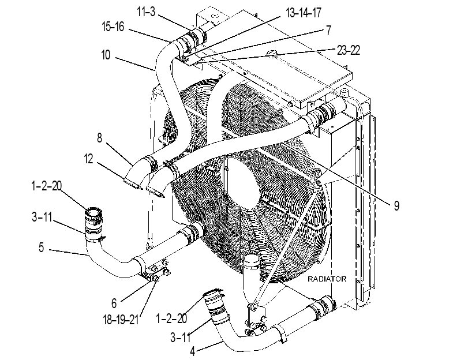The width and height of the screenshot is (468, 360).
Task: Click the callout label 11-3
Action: pos(146,12)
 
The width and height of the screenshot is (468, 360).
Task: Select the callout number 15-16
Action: pos(113,27)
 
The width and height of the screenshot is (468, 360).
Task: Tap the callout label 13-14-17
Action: pos(303,13)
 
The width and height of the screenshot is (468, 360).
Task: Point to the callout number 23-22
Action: pos(349,50)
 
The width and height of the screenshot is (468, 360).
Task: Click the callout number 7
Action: pos(328,30)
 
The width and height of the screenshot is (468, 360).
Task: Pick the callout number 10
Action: pos(106,55)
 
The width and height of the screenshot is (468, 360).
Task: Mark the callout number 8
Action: pos(99,138)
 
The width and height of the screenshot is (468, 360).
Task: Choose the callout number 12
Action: pos(89,159)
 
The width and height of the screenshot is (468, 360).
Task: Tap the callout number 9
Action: pos(396,205)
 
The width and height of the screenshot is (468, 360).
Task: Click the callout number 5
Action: pos(41,247)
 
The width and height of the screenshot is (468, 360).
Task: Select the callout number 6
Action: pos(114,303)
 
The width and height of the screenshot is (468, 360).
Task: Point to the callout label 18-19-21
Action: pos(121,320)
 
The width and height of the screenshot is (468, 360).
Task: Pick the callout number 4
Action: pos(193,351)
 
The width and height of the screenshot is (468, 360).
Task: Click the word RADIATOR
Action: pos(327,279)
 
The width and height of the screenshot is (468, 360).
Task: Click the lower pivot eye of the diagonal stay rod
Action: pos(253,306)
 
